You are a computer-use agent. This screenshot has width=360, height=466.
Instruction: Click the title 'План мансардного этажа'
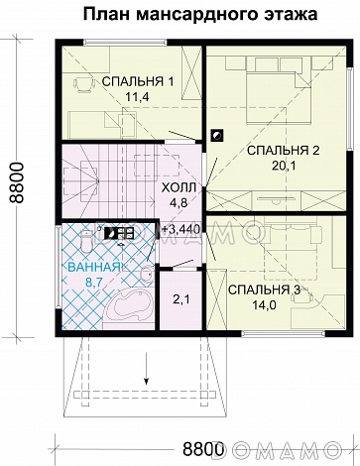(180, 14)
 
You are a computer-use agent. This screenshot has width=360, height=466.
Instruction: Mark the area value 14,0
(264, 306)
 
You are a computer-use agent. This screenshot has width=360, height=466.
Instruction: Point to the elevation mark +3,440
(181, 230)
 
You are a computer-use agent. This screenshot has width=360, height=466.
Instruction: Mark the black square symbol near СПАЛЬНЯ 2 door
(217, 136)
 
